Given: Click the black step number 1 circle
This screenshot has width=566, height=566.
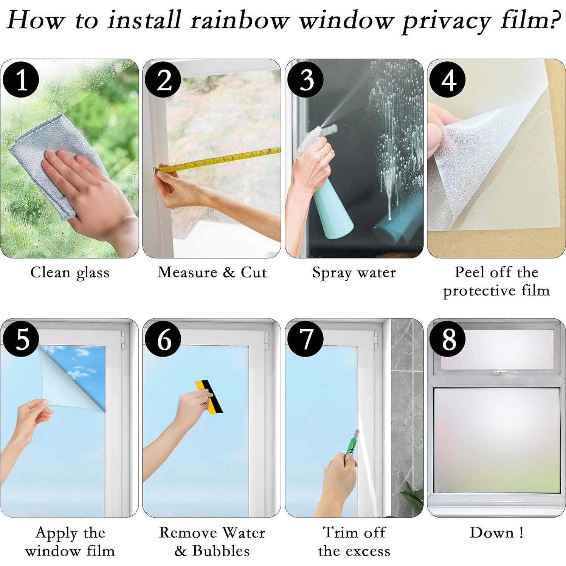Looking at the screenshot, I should pos(21,80).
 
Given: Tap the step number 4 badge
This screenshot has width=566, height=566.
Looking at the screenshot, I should pos(448,80).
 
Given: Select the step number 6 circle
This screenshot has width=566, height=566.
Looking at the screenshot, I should pos(164,339).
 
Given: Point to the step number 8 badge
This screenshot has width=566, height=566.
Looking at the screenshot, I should pos(448,339).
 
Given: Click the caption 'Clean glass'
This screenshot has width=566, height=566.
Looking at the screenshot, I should pos(70,273).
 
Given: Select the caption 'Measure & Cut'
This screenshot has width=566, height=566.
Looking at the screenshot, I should pos(212,272).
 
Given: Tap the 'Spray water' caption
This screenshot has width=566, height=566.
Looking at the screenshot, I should pos(354,273).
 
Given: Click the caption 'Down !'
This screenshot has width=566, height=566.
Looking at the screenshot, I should pos(496,532).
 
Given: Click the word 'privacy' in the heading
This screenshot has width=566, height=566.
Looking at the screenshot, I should pos(446,21).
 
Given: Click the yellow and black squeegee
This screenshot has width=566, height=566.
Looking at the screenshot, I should pos(209,396).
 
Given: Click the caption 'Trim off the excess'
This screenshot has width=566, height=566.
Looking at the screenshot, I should pos(354,541).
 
